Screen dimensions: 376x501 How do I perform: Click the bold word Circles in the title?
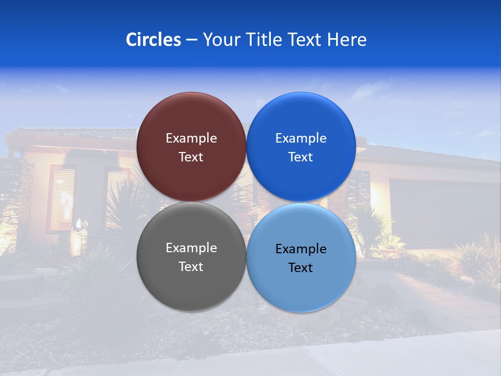pos(153,40)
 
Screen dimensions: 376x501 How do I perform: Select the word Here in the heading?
pos(347,40)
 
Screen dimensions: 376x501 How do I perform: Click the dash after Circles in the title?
pos(192,40)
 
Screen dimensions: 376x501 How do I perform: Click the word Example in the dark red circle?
pos(191,138)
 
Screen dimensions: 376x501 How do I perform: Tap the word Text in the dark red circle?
pos(191,157)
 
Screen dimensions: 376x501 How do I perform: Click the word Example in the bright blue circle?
pos(301,138)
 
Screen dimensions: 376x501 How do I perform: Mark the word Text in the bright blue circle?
pos(301,157)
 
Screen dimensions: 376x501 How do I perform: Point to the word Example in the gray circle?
pos(191,248)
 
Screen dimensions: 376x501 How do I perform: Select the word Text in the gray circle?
pos(191,267)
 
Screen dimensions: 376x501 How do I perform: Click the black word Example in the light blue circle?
pos(301,249)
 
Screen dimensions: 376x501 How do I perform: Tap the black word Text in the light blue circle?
pos(301,268)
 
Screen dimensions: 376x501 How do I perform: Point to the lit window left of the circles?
pos(63,193)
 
